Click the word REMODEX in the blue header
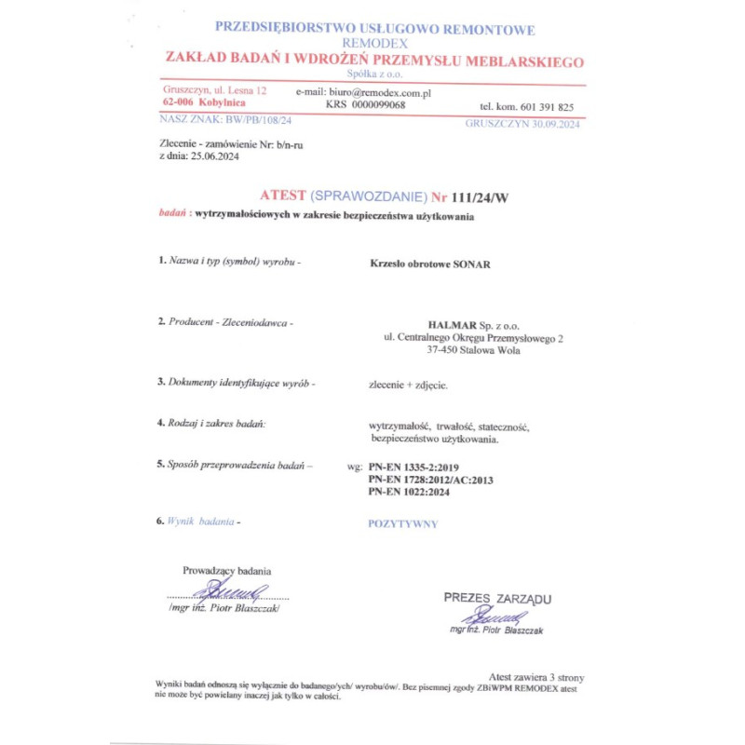374,44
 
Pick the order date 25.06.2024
215,157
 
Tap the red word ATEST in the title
282,196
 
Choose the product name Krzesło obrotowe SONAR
430,264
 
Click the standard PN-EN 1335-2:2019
413,466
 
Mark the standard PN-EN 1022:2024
409,492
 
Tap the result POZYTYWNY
403,524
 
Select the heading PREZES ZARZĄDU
497,598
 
